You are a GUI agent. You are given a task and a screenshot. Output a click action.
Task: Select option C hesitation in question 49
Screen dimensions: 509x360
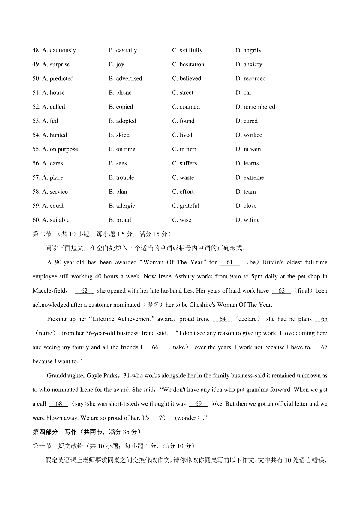pyautogui.click(x=188, y=64)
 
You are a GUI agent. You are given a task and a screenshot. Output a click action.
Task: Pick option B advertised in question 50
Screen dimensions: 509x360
pyautogui.click(x=125, y=79)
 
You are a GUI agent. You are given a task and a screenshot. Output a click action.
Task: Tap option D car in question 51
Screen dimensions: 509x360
pyautogui.click(x=244, y=93)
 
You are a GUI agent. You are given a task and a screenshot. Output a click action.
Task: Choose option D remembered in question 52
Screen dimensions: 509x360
pyautogui.click(x=255, y=107)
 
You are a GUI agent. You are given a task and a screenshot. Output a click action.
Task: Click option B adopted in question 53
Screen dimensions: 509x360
pyautogui.click(x=122, y=121)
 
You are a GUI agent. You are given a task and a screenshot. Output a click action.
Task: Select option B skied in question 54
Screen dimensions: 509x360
pyautogui.click(x=119, y=135)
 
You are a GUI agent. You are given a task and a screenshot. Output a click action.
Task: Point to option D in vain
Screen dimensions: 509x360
pyautogui.click(x=248, y=149)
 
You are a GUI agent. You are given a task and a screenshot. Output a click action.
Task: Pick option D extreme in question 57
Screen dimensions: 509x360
pyautogui.click(x=250, y=177)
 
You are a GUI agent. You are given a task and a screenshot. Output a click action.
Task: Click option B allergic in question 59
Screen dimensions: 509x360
pyautogui.click(x=122, y=206)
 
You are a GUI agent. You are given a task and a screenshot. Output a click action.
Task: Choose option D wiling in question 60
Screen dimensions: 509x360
pyautogui.click(x=248, y=220)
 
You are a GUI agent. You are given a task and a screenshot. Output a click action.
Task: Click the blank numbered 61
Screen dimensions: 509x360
pyautogui.click(x=230, y=263)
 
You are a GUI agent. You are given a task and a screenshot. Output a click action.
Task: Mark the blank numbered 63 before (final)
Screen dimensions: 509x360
pyautogui.click(x=281, y=291)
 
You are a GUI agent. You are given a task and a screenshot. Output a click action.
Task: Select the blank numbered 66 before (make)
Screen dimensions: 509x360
pyautogui.click(x=155, y=347)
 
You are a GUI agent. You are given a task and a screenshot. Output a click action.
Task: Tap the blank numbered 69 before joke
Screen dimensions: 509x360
pyautogui.click(x=198, y=404)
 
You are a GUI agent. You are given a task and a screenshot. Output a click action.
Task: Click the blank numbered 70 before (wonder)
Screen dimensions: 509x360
pyautogui.click(x=162, y=418)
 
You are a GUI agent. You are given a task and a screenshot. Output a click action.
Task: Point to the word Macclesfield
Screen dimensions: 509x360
pyautogui.click(x=49, y=291)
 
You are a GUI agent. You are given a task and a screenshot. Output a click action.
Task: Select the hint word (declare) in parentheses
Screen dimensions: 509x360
pyautogui.click(x=247, y=319)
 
